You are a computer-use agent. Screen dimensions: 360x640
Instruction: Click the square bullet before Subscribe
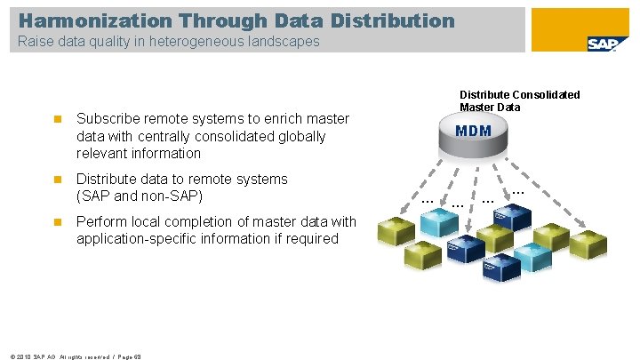click(55, 119)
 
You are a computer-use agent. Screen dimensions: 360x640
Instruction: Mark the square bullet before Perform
click(55, 222)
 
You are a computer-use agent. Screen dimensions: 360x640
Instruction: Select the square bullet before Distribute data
click(55, 180)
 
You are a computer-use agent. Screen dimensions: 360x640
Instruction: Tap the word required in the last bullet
click(312, 238)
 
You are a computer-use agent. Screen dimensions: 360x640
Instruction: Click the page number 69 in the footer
click(138, 355)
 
